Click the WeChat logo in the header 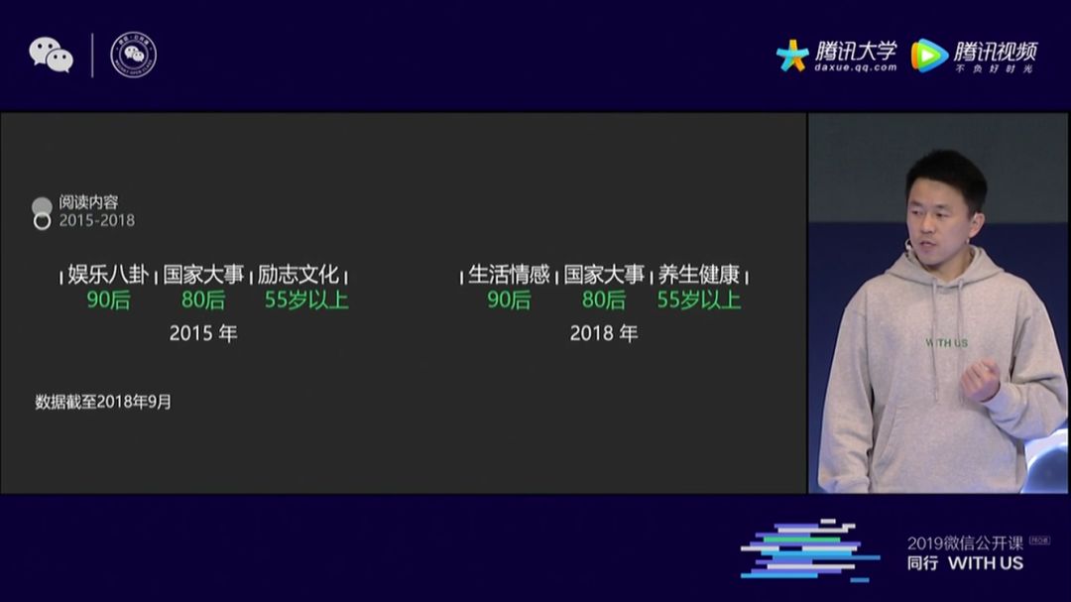tap(51, 55)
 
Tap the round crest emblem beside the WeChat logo tap(133, 55)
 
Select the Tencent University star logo tap(792, 55)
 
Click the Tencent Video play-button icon tap(929, 56)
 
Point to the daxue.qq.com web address tap(855, 68)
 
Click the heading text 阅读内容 tap(88, 202)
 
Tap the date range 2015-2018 tap(96, 220)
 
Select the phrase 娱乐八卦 tap(108, 275)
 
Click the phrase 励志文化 tap(298, 275)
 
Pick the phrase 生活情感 tap(509, 275)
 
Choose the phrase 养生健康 tap(699, 275)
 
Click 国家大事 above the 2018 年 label tap(604, 275)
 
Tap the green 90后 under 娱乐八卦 tap(108, 300)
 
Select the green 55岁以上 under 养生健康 tap(699, 300)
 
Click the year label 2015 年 tap(203, 334)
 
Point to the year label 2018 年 tap(604, 334)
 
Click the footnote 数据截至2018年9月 tap(103, 402)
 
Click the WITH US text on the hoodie tap(946, 343)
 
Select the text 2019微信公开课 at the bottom tap(965, 542)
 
